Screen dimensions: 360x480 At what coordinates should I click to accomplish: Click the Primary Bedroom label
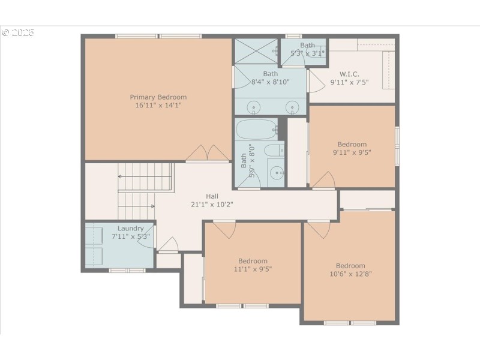(158, 97)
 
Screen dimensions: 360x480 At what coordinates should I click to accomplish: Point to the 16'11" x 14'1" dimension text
(158, 106)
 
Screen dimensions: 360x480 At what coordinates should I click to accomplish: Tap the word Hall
(212, 196)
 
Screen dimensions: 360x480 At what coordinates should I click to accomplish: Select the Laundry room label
(130, 229)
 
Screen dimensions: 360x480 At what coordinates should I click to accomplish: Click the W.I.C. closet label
(349, 74)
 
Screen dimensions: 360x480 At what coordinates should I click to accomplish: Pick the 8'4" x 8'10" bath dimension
(270, 82)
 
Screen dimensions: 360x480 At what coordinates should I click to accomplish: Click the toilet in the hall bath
(273, 150)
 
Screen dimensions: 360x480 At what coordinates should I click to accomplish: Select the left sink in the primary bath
(254, 108)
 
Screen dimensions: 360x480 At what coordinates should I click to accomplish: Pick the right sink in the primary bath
(292, 108)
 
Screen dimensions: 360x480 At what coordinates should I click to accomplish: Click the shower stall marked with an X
(256, 51)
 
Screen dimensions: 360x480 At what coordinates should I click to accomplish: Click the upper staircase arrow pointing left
(122, 176)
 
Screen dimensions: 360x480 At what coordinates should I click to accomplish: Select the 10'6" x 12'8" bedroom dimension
(350, 275)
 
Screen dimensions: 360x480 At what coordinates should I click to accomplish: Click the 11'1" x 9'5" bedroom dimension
(253, 269)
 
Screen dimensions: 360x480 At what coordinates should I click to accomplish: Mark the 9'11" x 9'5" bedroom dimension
(352, 152)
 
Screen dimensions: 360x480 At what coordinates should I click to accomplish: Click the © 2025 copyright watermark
(19, 32)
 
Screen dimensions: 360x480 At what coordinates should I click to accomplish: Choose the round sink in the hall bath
(277, 173)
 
